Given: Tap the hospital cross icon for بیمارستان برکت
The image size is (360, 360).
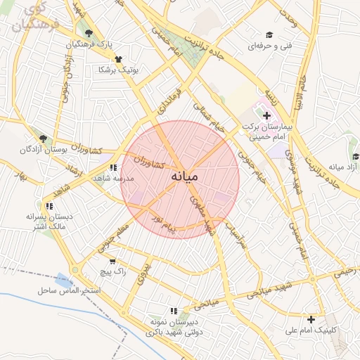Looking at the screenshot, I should click(x=266, y=115).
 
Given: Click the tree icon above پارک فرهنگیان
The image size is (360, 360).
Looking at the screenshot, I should click(x=88, y=33).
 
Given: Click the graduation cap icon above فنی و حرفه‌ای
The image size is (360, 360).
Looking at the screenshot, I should click(x=269, y=35).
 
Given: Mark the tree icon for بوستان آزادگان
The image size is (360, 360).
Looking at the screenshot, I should click(x=44, y=139).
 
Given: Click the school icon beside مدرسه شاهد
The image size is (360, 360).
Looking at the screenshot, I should click(x=113, y=167).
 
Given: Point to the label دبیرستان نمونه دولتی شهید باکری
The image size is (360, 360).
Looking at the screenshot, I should click(x=165, y=327).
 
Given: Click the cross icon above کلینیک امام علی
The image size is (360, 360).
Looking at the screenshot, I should click(x=311, y=320).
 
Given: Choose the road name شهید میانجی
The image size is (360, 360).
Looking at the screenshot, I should click(x=267, y=290).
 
